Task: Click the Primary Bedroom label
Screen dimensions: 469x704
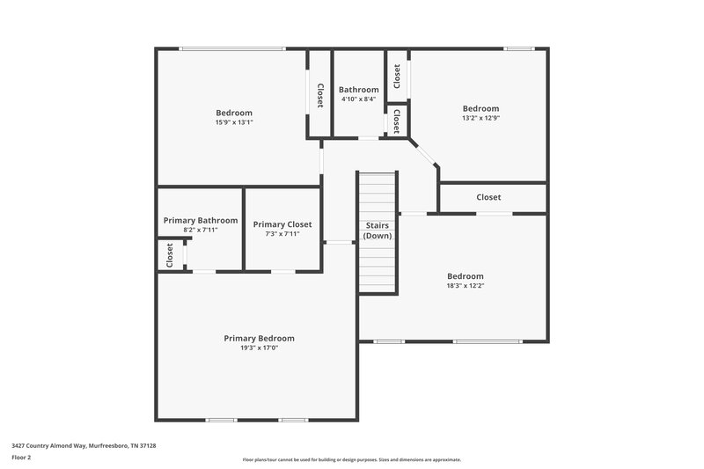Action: click(259, 338)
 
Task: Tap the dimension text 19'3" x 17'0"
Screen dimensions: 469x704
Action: click(259, 348)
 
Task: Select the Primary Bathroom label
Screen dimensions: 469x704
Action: click(201, 220)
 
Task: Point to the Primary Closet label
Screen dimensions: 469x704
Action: click(282, 224)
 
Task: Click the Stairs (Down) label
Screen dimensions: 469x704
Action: click(378, 231)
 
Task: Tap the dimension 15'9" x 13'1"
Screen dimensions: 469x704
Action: click(234, 122)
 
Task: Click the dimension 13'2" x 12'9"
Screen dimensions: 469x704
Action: click(480, 118)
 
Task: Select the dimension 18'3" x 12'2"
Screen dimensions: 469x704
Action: click(465, 285)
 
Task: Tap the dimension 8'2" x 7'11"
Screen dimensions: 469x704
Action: click(201, 230)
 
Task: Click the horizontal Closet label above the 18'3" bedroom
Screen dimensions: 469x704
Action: click(488, 197)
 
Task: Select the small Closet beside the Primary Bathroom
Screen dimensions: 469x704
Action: click(170, 254)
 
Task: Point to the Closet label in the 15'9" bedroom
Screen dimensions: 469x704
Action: click(319, 93)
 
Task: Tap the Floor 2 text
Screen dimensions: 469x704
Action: click(21, 458)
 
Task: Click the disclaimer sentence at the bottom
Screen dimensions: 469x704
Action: click(352, 459)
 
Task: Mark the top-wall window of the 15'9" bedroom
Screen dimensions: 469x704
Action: click(232, 48)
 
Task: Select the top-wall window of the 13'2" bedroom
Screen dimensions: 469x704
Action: click(519, 48)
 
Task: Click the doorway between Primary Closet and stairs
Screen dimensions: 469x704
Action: click(339, 242)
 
